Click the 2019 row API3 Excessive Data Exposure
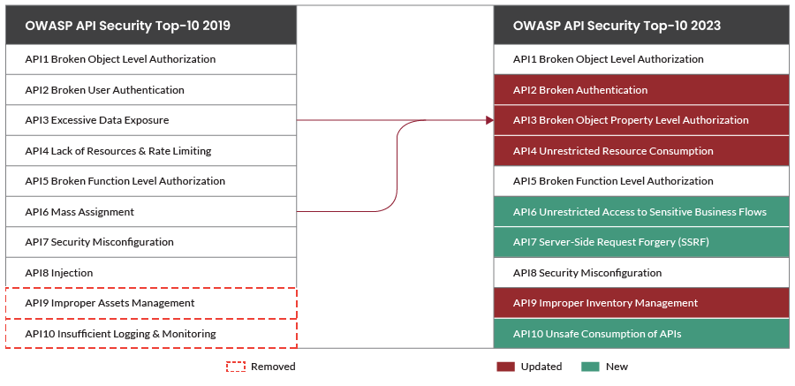pyautogui.click(x=151, y=120)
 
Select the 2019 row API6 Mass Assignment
pyautogui.click(x=151, y=212)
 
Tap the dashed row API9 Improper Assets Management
pyautogui.click(x=151, y=303)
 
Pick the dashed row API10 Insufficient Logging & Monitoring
pyautogui.click(x=151, y=334)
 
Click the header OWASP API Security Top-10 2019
pyautogui.click(x=151, y=26)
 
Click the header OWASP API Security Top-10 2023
pyautogui.click(x=640, y=26)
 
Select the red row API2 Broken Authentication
pyautogui.click(x=640, y=90)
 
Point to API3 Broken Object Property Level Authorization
pyautogui.click(x=640, y=120)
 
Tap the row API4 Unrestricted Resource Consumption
pyautogui.click(x=640, y=151)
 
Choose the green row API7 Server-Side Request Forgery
pyautogui.click(x=640, y=242)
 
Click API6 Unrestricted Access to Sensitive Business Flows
pyautogui.click(x=640, y=212)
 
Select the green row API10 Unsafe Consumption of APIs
pyautogui.click(x=640, y=334)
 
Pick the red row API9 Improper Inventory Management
pyautogui.click(x=640, y=303)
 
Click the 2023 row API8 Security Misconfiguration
pyautogui.click(x=640, y=273)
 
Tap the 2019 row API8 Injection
pyautogui.click(x=151, y=273)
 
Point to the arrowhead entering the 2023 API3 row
pyautogui.click(x=488, y=120)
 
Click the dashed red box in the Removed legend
pyautogui.click(x=235, y=367)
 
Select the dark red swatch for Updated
pyautogui.click(x=505, y=367)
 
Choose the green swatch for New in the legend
pyautogui.click(x=590, y=367)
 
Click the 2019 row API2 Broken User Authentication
pyautogui.click(x=151, y=90)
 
